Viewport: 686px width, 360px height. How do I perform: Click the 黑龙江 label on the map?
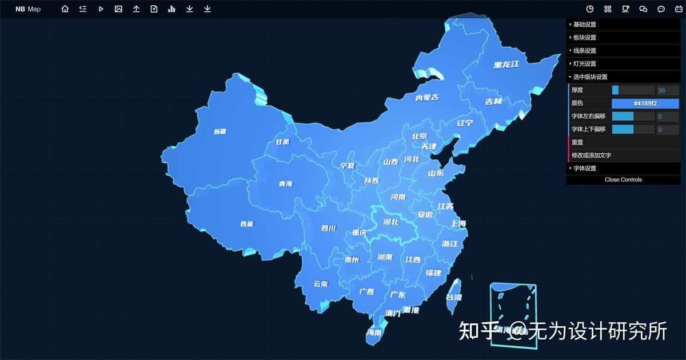506,65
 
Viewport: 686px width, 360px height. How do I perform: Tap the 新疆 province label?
220,131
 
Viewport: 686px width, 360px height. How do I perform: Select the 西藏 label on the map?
246,224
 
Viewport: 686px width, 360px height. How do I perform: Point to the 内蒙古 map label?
427,98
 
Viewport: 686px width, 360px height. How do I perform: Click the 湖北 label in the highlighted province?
391,222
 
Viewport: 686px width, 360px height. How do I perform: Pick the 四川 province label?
329,229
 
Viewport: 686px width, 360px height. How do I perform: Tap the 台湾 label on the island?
454,297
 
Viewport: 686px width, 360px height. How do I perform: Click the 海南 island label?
374,333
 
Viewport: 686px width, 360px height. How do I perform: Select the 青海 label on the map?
285,183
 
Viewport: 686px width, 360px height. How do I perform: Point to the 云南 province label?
321,283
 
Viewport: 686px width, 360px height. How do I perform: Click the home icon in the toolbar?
65,9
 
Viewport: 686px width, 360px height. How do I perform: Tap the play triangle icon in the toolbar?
101,9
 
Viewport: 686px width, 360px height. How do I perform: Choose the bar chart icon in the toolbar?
171,9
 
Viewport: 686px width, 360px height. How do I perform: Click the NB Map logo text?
28,9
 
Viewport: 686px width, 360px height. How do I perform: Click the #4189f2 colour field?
645,103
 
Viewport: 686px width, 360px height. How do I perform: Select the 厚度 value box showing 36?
667,90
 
